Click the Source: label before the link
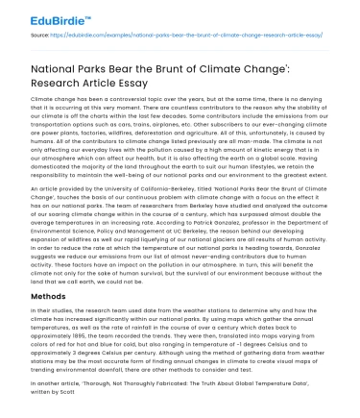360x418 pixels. click(x=42, y=36)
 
